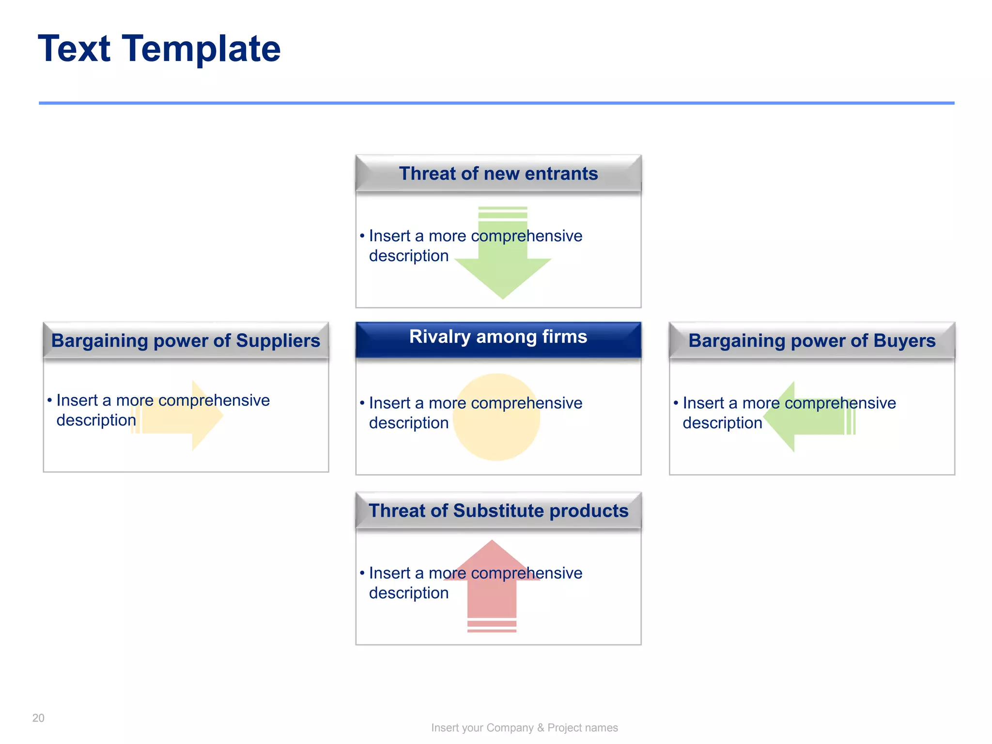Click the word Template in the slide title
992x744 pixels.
201,49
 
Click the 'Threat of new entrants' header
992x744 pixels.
498,173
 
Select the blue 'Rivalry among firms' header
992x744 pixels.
498,337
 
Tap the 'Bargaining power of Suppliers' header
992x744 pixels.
186,341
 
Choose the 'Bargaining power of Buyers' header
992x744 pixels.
812,341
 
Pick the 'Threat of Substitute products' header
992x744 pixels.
498,511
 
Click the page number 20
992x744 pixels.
38,718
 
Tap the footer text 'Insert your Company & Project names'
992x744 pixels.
524,728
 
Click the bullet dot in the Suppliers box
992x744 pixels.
49,400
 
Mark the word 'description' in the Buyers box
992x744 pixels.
722,423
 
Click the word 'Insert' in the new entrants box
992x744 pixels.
389,236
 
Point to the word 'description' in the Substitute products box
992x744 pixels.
408,593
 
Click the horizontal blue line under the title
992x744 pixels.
496,103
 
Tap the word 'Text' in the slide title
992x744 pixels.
74,49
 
